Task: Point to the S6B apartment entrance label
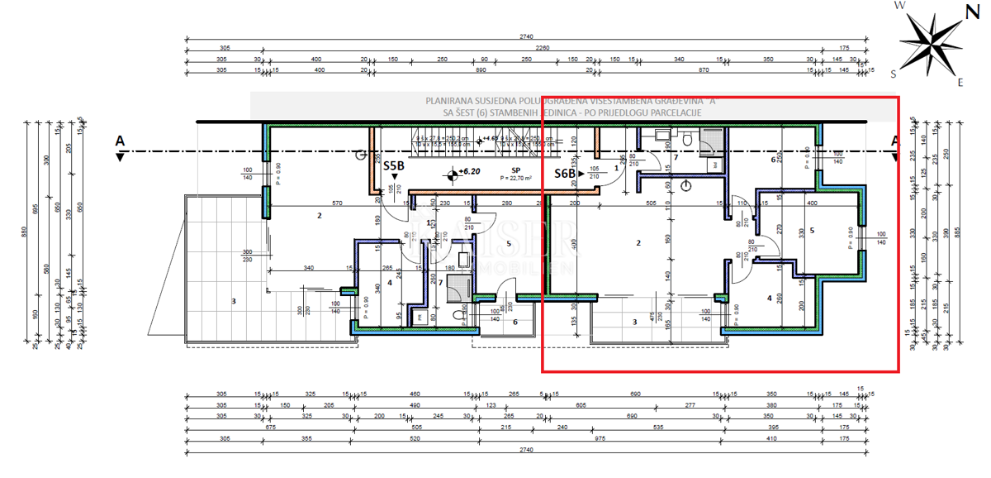[x=565, y=174]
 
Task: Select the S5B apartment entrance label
[x=394, y=165]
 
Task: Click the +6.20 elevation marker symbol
[x=451, y=174]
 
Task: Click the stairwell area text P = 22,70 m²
[x=514, y=178]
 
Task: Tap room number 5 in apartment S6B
[x=813, y=232]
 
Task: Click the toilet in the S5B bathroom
[x=459, y=313]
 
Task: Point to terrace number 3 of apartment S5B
[x=234, y=302]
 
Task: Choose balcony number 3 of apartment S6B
[x=634, y=322]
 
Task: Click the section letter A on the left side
[x=120, y=141]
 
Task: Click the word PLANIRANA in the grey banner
[x=451, y=100]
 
